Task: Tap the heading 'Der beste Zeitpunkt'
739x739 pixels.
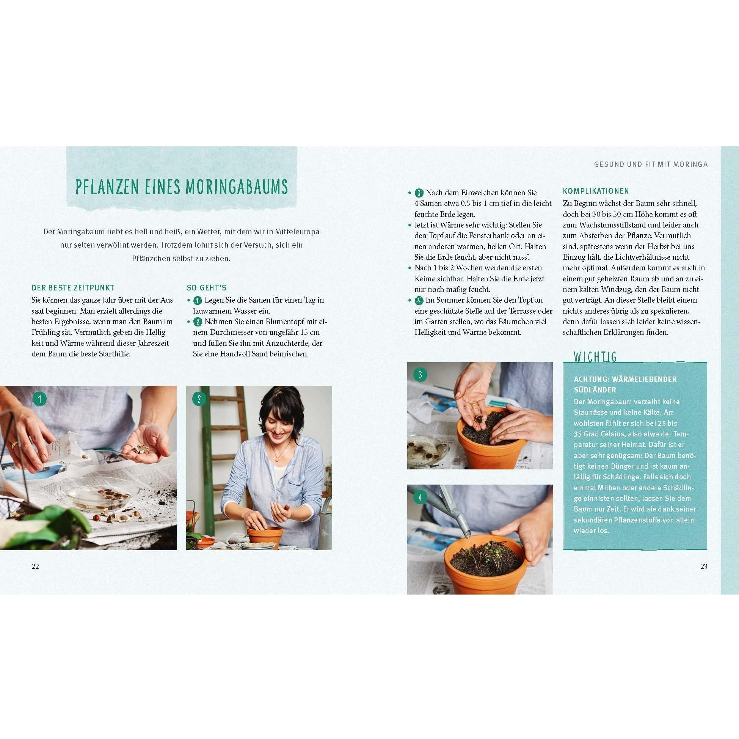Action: coord(73,288)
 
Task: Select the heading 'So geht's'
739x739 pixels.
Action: coord(207,288)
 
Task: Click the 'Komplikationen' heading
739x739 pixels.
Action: coord(596,191)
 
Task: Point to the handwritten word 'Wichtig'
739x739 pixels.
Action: coord(595,356)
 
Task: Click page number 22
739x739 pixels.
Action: coord(35,566)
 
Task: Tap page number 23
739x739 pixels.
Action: coord(704,566)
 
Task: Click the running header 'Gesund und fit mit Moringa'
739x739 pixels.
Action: coord(651,164)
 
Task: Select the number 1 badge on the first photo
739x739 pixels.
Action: coord(39,399)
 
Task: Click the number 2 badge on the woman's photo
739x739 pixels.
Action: coord(199,399)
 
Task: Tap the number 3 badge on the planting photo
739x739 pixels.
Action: coord(420,375)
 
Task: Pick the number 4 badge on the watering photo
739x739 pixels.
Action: coord(420,497)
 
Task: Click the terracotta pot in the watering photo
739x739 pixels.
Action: coord(485,564)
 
